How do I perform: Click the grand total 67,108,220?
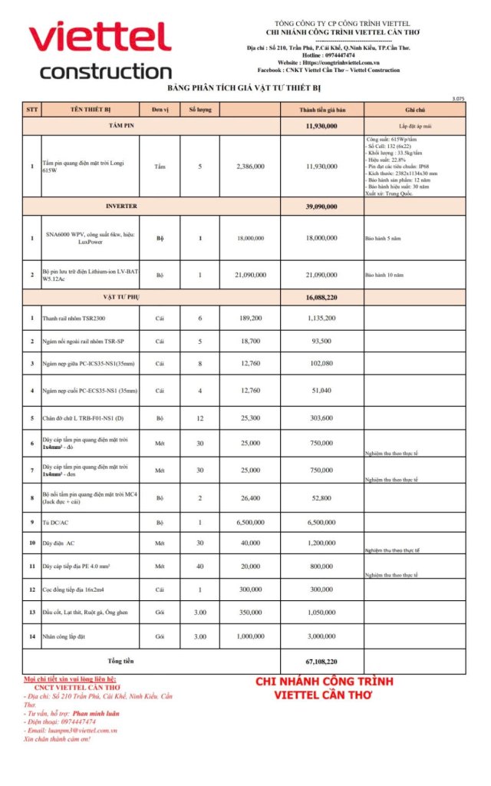(x=321, y=661)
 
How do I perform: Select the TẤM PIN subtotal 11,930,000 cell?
(x=321, y=125)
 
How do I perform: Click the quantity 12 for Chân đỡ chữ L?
(x=200, y=418)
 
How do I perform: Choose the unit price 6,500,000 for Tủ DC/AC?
(x=251, y=522)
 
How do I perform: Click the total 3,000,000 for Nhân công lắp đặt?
(x=321, y=636)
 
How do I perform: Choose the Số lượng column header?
(x=200, y=110)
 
